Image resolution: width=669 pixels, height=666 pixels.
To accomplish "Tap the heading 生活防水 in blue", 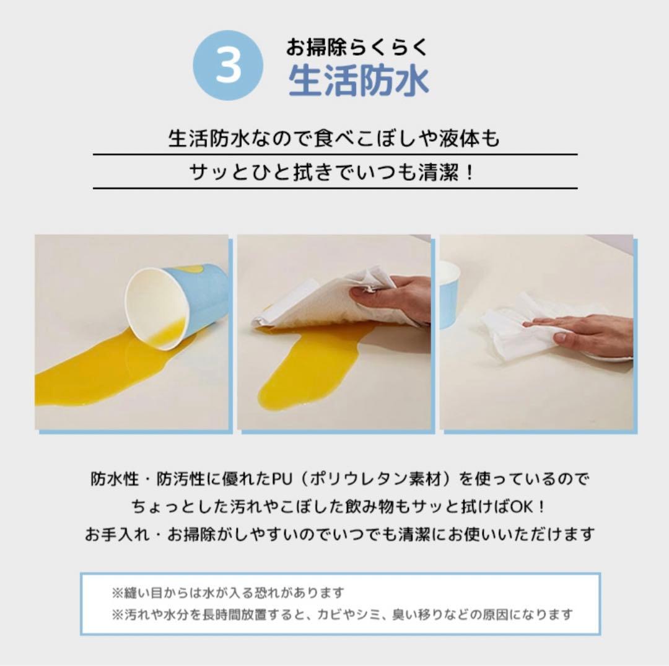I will (359, 81).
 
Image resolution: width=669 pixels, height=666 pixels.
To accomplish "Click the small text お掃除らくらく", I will (356, 47).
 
